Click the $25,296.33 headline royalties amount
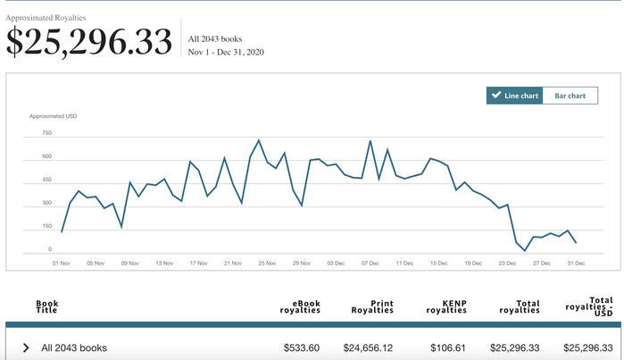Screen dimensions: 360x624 point(89,42)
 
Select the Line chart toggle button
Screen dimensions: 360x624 point(514,96)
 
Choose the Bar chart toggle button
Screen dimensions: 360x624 point(570,96)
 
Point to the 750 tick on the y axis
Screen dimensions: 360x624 point(46,133)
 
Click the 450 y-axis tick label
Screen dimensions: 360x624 point(46,180)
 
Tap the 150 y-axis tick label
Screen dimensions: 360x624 point(46,226)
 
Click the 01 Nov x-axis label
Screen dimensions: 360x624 point(62,264)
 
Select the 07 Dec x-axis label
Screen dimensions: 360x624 point(370,264)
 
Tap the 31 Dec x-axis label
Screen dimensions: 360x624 point(575,264)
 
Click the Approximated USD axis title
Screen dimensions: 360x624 point(52,117)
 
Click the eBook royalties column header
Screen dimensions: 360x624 point(301,306)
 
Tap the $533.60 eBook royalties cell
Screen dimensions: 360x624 point(299,347)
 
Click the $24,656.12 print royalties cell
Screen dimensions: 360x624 point(368,347)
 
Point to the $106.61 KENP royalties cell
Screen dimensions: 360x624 point(445,347)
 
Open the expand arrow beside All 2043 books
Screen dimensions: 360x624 point(26,347)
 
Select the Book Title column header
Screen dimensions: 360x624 point(46,306)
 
